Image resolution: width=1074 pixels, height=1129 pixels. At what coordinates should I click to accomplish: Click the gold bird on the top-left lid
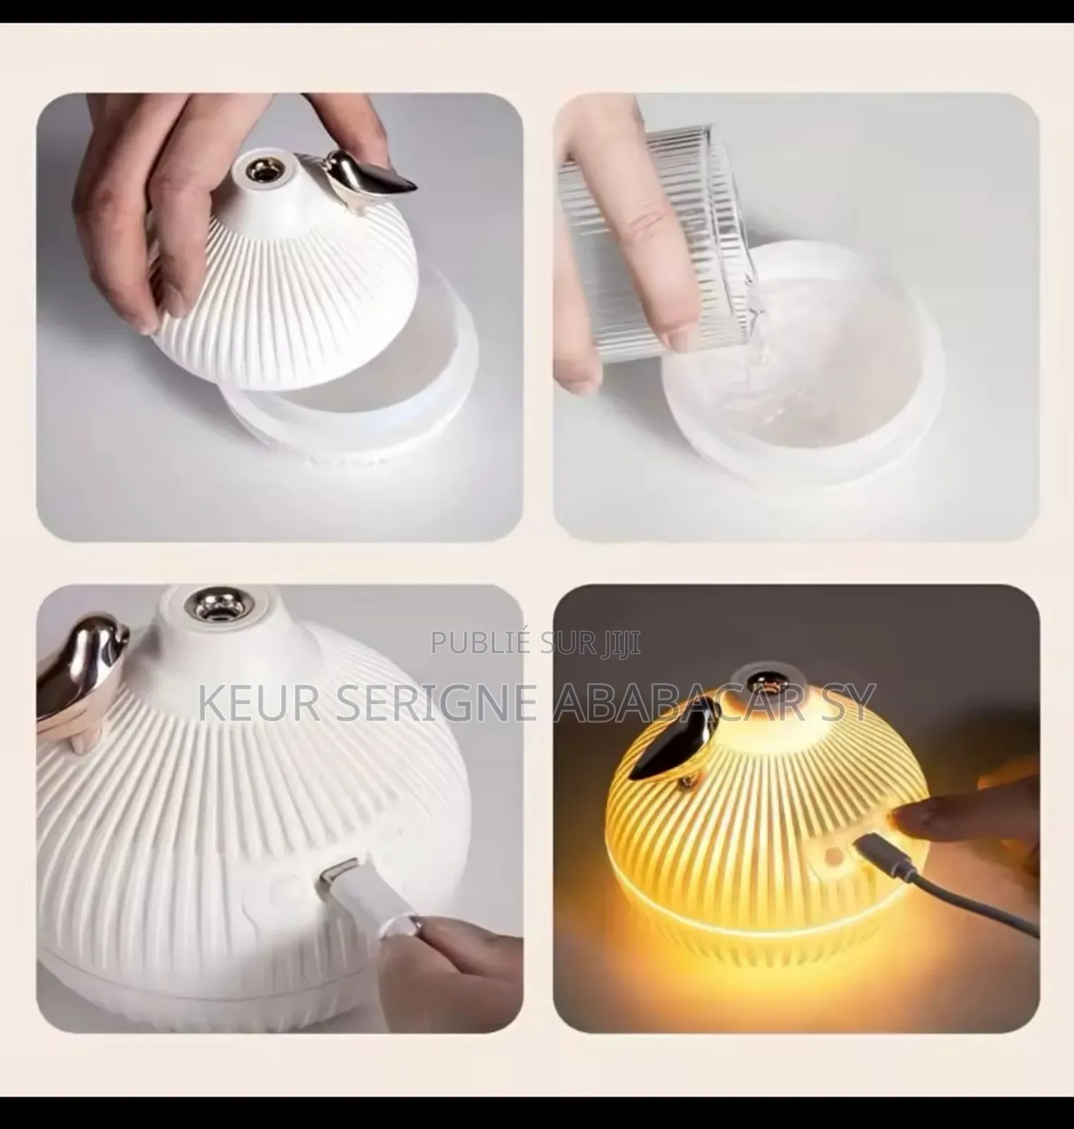[378, 180]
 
